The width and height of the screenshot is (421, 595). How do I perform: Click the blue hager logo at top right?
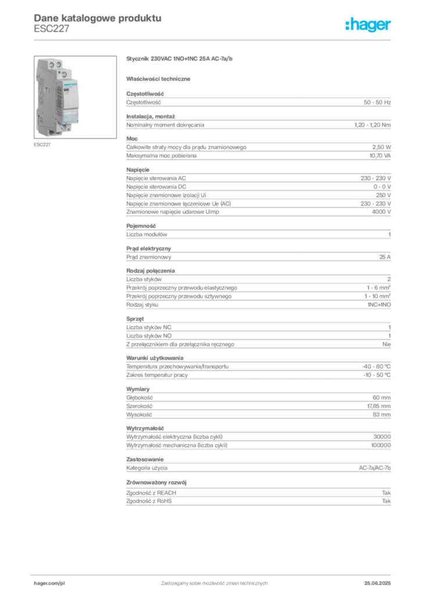[x=369, y=26]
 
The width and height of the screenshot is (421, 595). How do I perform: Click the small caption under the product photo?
[x=40, y=145]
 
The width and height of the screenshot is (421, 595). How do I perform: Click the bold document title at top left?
[x=96, y=17]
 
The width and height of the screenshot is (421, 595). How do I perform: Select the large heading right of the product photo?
[x=181, y=59]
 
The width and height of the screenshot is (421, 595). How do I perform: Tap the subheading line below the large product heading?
[x=160, y=78]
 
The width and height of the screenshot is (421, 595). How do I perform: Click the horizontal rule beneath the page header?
[x=214, y=40]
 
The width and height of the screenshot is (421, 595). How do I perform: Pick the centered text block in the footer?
[x=213, y=581]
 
